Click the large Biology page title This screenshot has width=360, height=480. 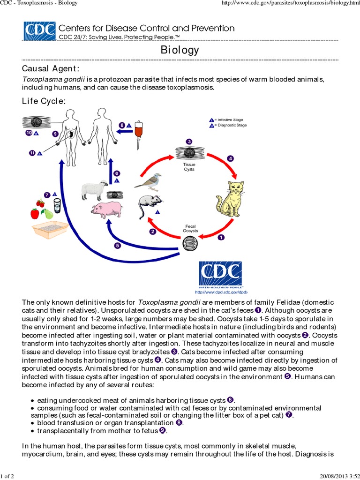[180, 50]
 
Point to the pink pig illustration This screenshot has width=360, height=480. [107, 209]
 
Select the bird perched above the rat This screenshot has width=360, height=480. [149, 180]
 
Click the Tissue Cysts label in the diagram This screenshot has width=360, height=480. [188, 167]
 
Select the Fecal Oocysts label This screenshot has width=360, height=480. [190, 229]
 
